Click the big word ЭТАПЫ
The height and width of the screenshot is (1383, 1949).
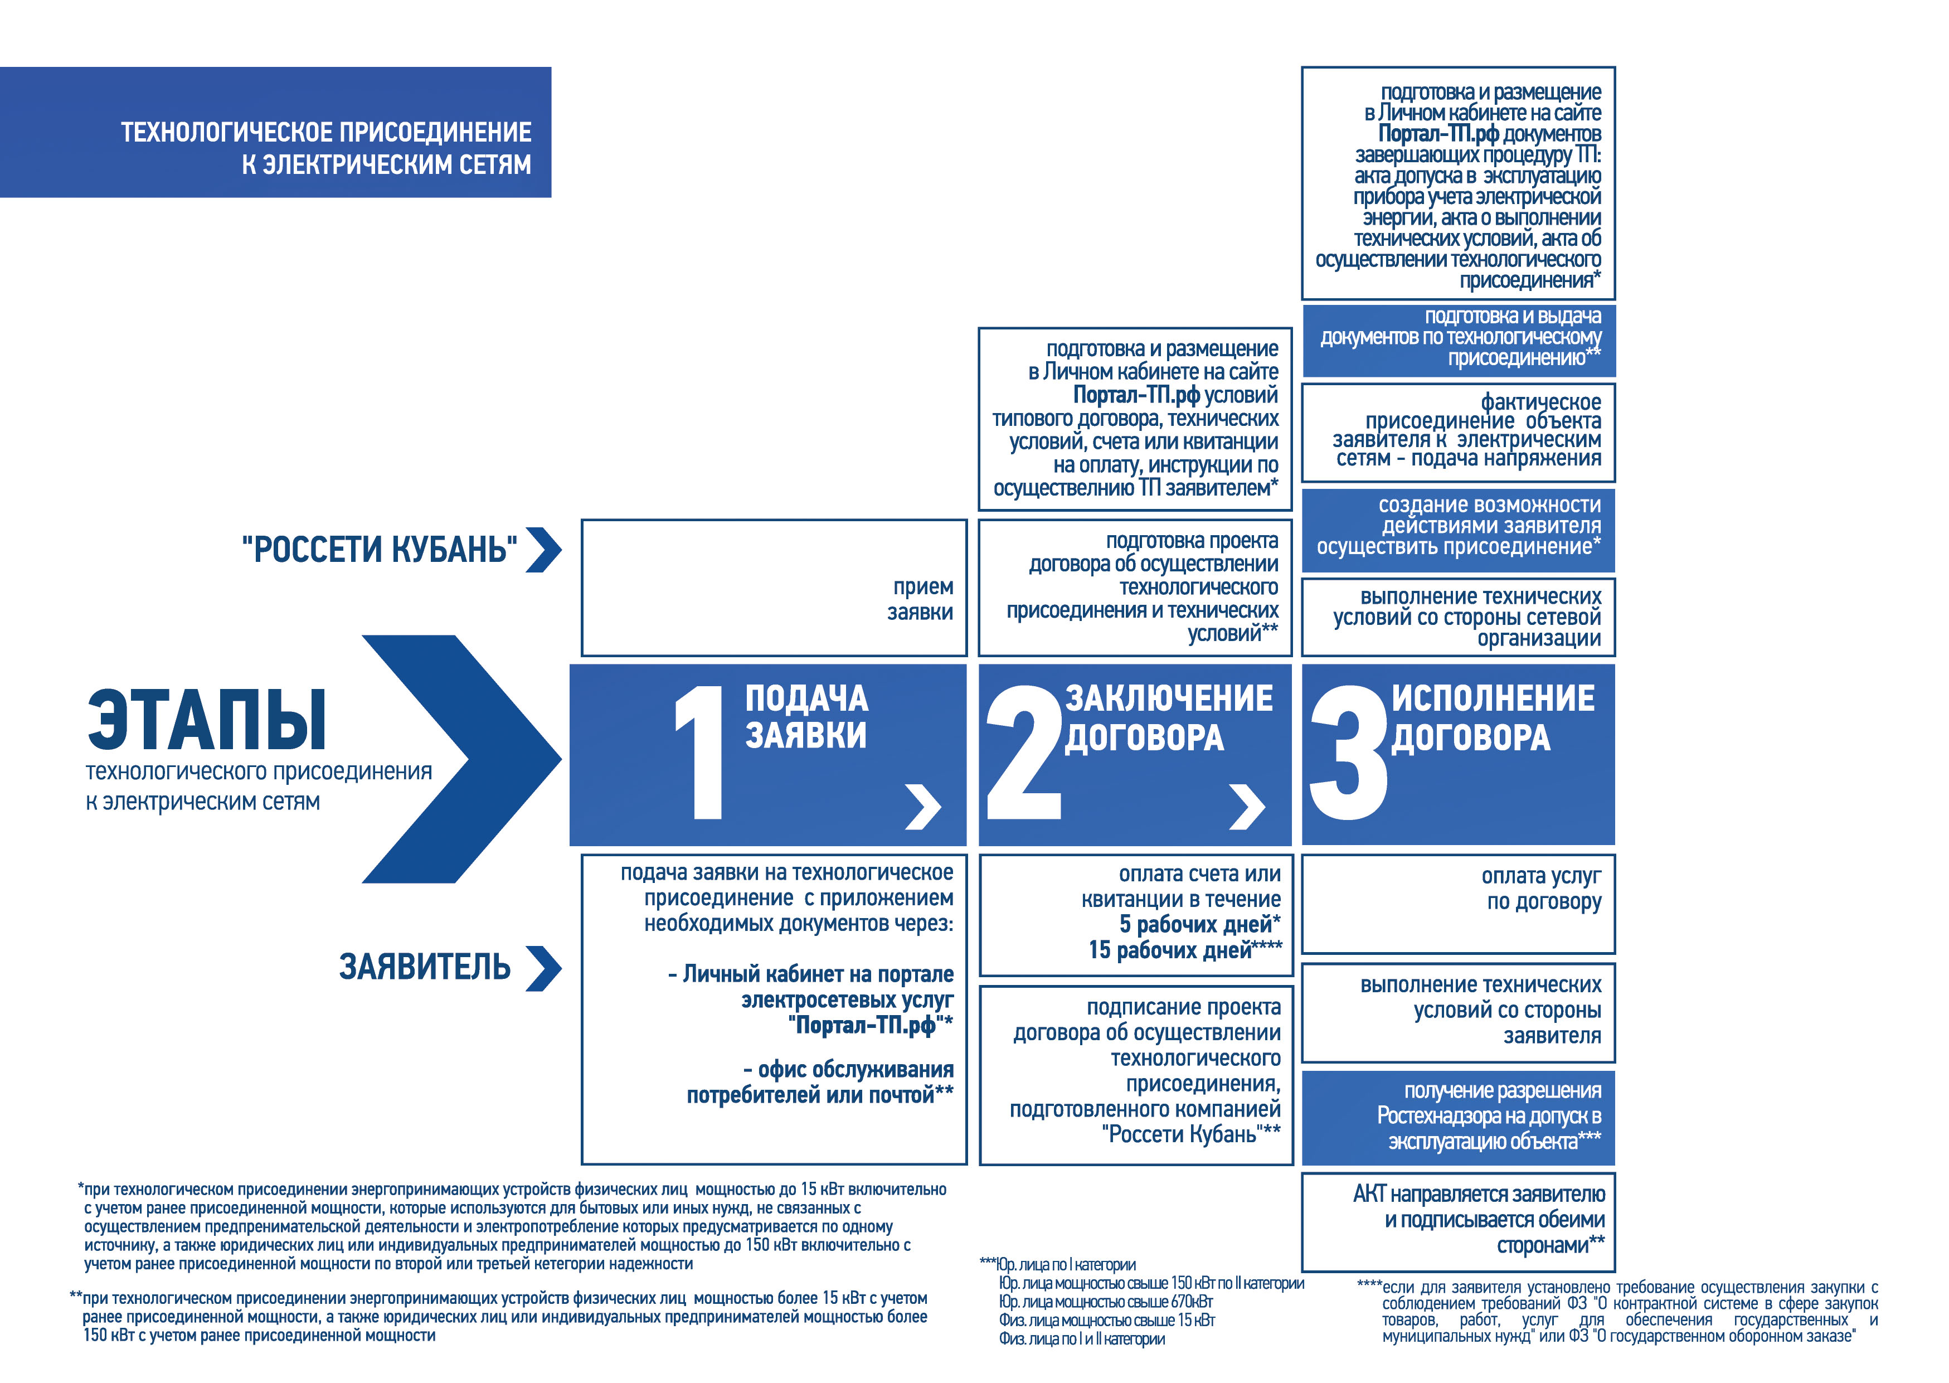(207, 720)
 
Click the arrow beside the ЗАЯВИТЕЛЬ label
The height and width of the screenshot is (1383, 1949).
(544, 968)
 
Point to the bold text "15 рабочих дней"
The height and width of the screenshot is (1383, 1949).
(1170, 949)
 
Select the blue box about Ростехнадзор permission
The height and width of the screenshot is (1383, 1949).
(1457, 1117)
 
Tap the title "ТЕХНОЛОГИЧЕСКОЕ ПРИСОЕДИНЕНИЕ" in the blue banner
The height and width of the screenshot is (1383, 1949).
(326, 132)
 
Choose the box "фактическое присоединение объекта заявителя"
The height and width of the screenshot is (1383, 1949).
(1457, 432)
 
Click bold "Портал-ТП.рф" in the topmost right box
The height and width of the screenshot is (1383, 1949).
(1438, 134)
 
